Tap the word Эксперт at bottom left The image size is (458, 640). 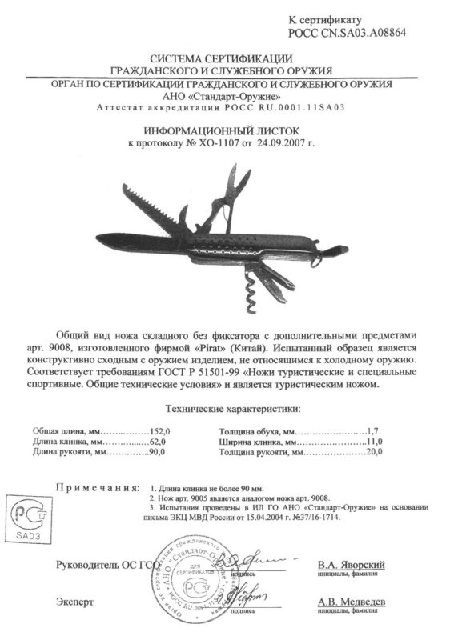point(75,599)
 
